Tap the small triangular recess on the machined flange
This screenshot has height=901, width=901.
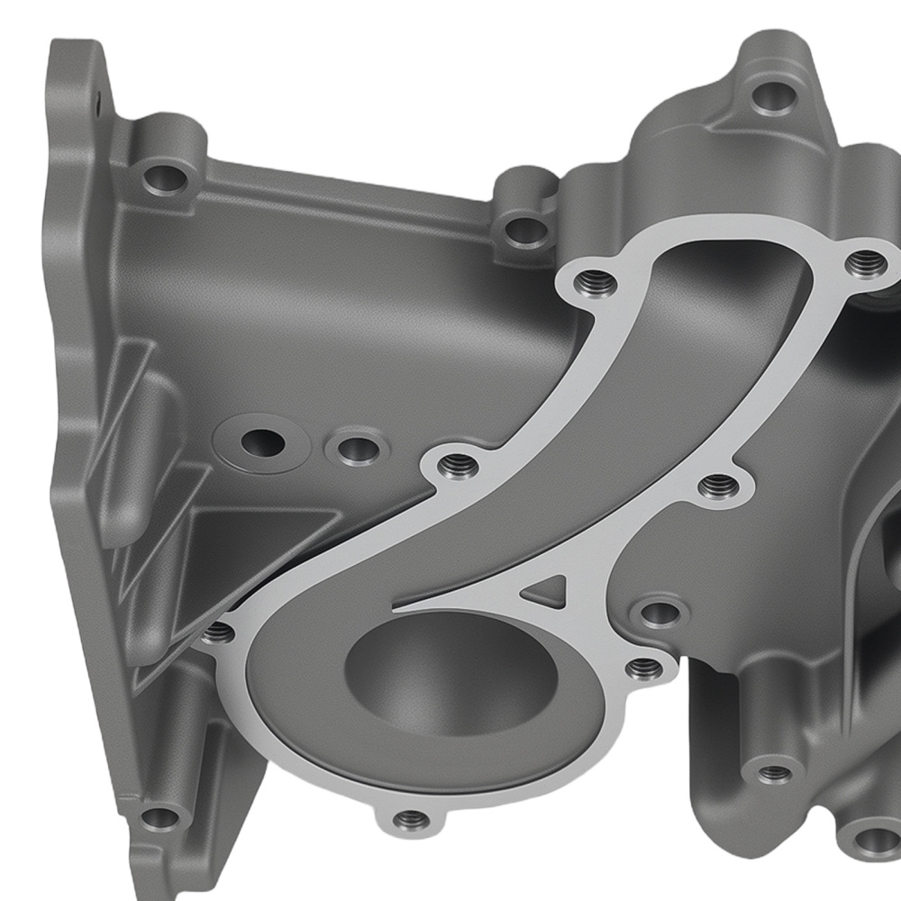544,590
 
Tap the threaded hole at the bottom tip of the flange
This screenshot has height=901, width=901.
411,820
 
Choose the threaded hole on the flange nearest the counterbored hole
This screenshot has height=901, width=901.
458,466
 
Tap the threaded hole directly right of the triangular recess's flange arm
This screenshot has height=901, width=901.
718,487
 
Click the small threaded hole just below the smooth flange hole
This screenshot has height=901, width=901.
642,668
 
